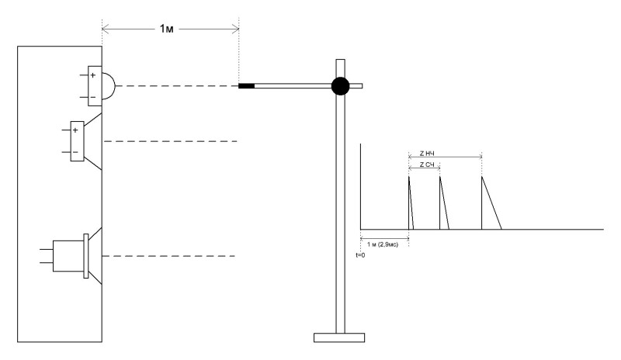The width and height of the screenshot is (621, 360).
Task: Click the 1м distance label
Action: (x=166, y=29)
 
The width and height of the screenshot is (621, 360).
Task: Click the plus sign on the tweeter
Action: (x=93, y=75)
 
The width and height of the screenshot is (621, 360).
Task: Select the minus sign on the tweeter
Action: (x=93, y=98)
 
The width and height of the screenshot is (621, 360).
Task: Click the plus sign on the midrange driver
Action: (x=75, y=130)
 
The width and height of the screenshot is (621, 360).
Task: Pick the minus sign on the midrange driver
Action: (x=75, y=153)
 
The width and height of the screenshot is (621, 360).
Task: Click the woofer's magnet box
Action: (x=68, y=256)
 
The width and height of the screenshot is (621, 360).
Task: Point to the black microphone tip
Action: (x=246, y=86)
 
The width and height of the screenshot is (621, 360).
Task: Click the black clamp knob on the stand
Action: (x=340, y=86)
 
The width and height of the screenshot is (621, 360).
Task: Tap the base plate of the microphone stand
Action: (x=339, y=337)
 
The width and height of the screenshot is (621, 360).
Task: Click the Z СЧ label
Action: (x=427, y=164)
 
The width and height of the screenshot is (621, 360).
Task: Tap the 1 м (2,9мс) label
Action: (x=383, y=244)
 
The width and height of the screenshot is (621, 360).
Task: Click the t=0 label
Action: (x=360, y=255)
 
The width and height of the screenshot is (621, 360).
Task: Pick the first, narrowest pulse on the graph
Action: (x=411, y=202)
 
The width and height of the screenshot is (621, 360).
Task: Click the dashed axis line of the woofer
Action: (x=168, y=256)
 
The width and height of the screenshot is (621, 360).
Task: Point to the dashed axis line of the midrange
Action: (x=170, y=141)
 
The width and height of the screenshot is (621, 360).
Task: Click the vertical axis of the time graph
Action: (x=360, y=186)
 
